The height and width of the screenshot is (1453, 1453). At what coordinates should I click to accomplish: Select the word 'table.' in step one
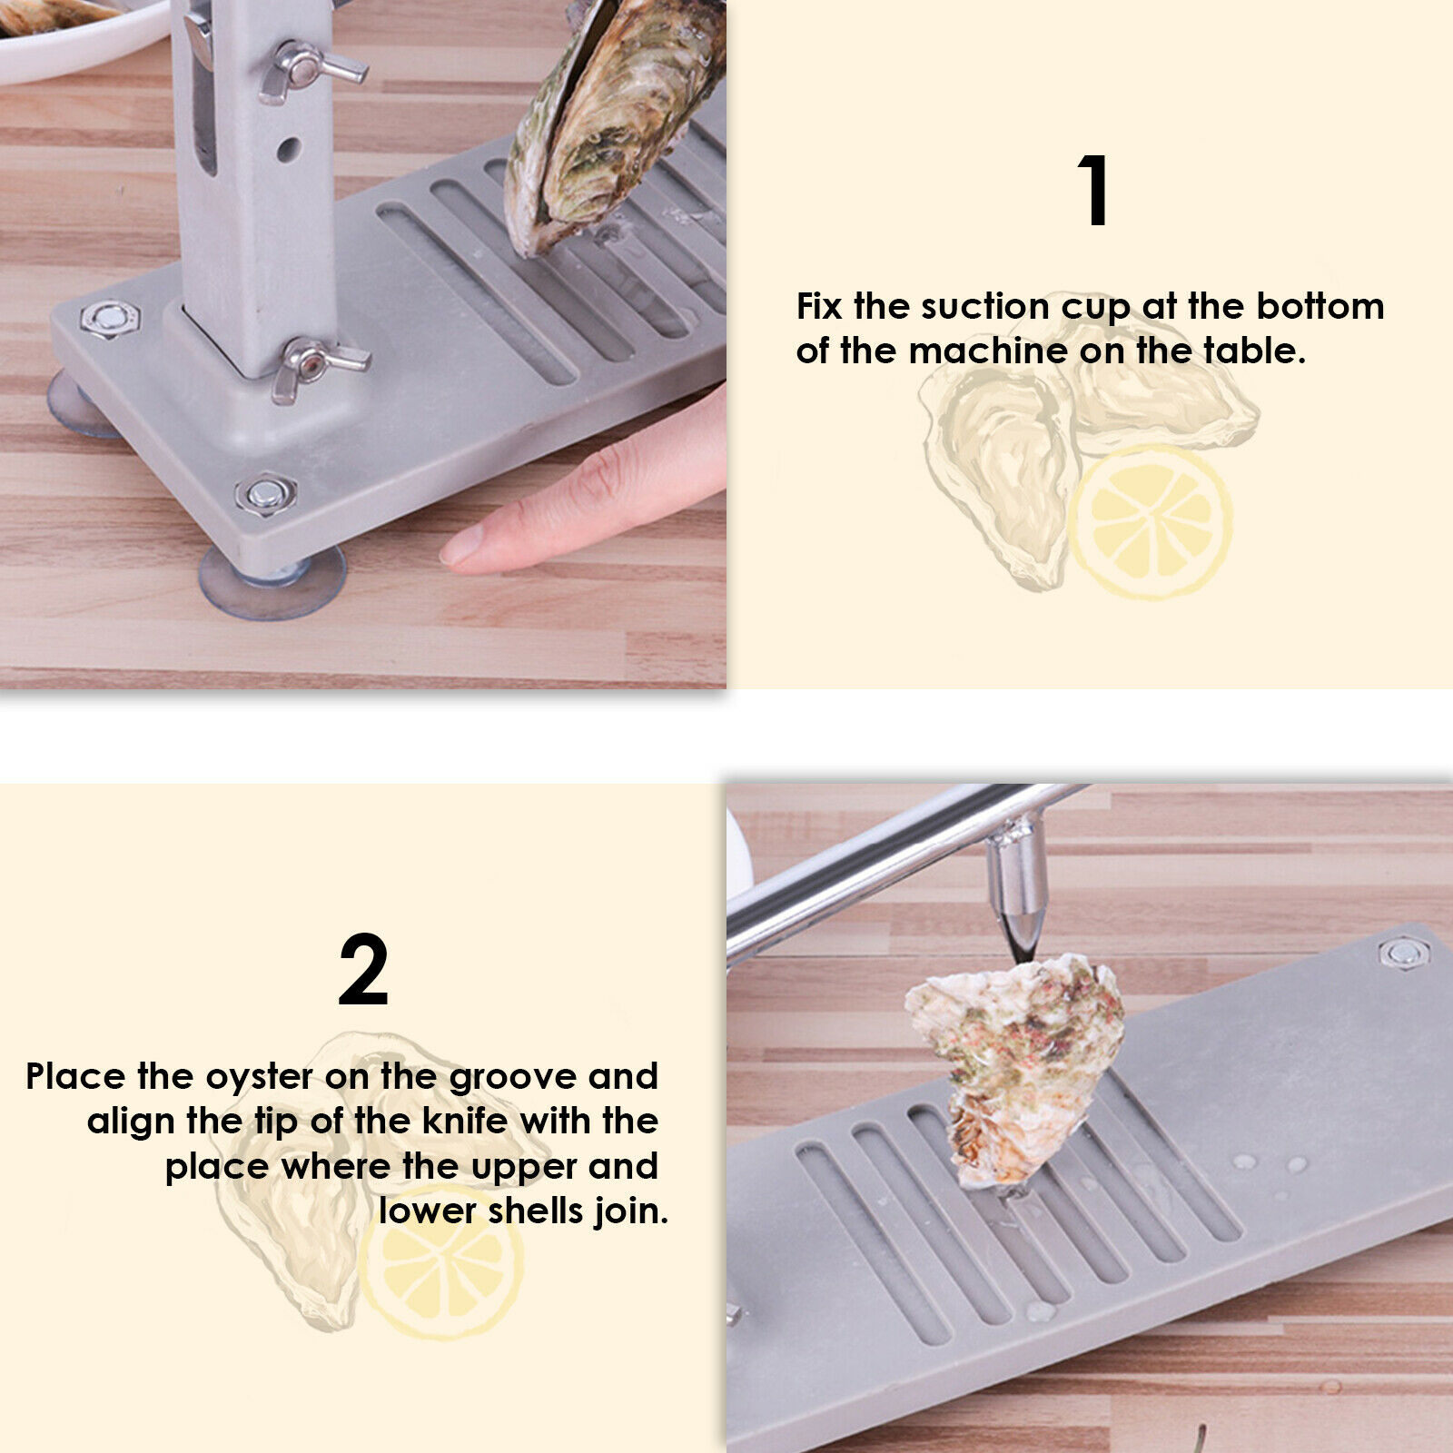(1255, 351)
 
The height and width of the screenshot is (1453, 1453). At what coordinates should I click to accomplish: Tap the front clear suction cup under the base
(272, 586)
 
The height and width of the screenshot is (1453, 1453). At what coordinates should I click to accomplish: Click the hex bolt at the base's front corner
(264, 494)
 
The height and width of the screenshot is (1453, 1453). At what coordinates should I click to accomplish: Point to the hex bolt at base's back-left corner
(109, 318)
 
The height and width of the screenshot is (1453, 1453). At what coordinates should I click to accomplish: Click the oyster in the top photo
(608, 127)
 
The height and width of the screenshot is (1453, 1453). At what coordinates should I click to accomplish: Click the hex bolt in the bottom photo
(1403, 954)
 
